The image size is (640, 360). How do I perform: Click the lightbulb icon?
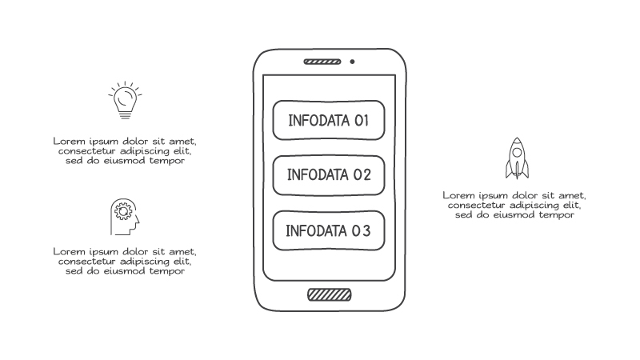tap(124, 100)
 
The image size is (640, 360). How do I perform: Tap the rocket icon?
tap(518, 158)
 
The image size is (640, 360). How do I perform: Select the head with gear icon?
tap(124, 216)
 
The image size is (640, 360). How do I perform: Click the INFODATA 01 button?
tap(329, 121)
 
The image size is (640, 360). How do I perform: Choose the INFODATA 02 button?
tap(329, 175)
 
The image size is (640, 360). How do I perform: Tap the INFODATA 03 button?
tap(329, 232)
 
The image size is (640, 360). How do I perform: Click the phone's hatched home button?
tap(329, 294)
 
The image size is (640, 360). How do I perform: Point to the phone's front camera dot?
tap(352, 62)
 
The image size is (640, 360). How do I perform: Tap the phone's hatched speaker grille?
tap(322, 62)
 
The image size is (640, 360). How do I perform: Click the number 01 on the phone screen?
tap(360, 121)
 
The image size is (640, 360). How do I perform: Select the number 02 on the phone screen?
tap(362, 175)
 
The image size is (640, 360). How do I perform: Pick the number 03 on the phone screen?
tap(361, 232)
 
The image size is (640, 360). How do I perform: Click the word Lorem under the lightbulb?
tap(69, 140)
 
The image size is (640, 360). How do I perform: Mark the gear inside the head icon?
tap(123, 212)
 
